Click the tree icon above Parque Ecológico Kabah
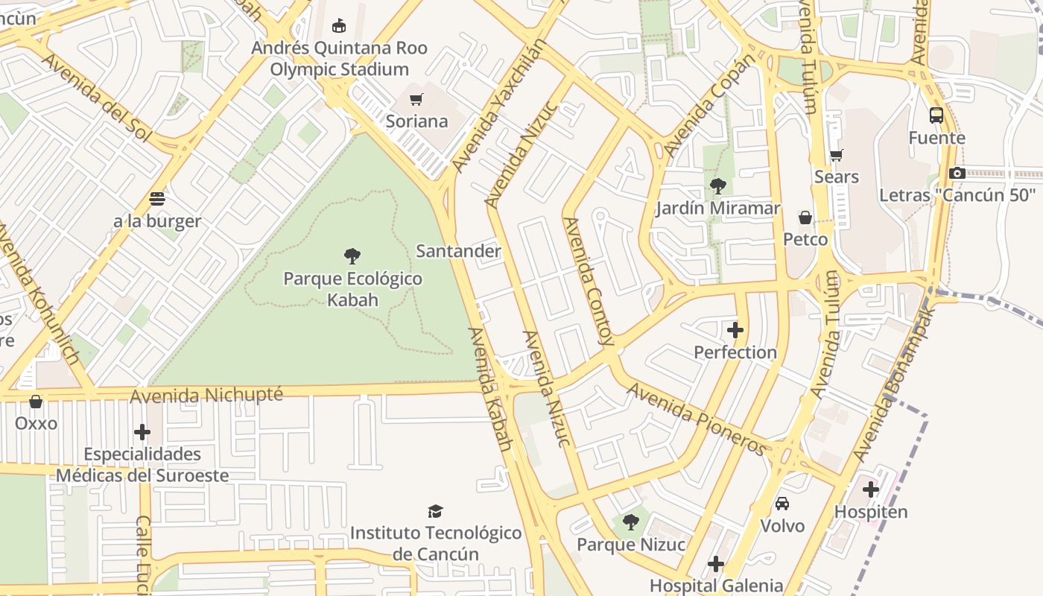[x=352, y=257]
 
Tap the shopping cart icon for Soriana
[x=416, y=99]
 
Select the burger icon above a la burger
[x=156, y=199]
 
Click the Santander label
[x=458, y=251]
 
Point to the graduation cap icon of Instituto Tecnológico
[x=436, y=511]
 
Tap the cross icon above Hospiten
[x=871, y=489]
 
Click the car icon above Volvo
[x=782, y=504]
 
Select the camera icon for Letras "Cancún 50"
[x=957, y=173]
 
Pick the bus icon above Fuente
[x=936, y=115]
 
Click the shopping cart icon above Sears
[x=837, y=155]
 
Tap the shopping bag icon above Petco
[x=805, y=218]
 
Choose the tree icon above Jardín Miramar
[x=718, y=186]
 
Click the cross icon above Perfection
[x=735, y=329]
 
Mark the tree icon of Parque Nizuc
[x=631, y=522]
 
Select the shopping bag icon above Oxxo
[x=36, y=402]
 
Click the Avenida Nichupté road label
[x=206, y=395]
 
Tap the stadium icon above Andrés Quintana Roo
[x=339, y=26]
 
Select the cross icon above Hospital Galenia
[x=716, y=564]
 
